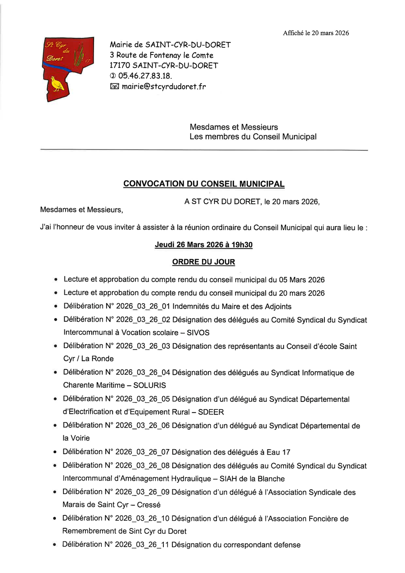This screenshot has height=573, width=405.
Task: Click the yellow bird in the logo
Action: pyautogui.click(x=58, y=84)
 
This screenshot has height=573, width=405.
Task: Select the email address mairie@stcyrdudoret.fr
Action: pyautogui.click(x=163, y=86)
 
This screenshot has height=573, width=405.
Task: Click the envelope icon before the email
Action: pyautogui.click(x=114, y=86)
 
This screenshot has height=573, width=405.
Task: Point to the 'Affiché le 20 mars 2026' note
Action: pyautogui.click(x=316, y=33)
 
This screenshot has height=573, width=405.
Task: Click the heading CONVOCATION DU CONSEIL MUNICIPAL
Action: pyautogui.click(x=204, y=184)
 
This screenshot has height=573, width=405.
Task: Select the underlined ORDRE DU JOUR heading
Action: pyautogui.click(x=203, y=262)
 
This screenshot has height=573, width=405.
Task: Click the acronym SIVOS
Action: pyautogui.click(x=198, y=332)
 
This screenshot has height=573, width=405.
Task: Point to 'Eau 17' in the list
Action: pyautogui.click(x=279, y=452)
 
